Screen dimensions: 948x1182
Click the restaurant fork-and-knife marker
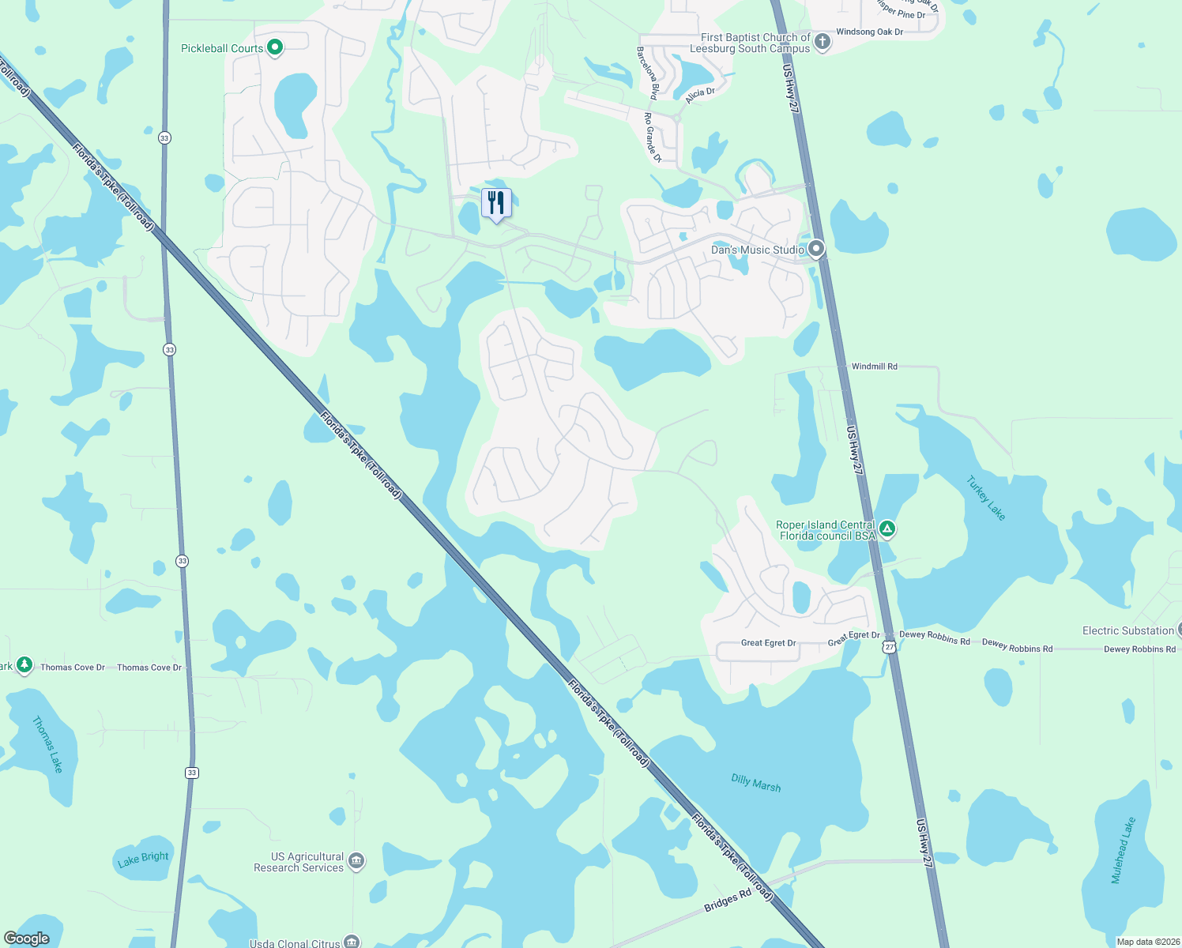[x=496, y=203]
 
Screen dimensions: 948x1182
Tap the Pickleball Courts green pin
[x=275, y=48]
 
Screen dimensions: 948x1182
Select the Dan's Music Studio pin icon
[x=816, y=250]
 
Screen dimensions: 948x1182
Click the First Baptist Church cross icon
[x=823, y=42]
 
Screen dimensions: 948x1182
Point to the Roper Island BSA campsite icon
[x=887, y=529]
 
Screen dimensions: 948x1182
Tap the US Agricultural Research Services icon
[x=356, y=861]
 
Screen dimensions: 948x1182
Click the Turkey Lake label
[x=986, y=498]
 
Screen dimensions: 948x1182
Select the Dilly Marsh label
[x=755, y=783]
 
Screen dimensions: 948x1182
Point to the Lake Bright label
[x=143, y=859]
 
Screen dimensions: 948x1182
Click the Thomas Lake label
[x=47, y=744]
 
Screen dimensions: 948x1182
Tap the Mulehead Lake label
[x=1123, y=850]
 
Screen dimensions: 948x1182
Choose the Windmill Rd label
[x=874, y=367]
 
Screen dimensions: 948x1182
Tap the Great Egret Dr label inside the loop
[x=768, y=643]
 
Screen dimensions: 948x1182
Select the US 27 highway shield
[x=890, y=647]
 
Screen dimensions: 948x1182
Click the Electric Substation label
[x=1127, y=630]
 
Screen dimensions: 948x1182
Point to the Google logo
[x=26, y=939]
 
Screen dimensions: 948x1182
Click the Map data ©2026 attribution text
[x=1148, y=942]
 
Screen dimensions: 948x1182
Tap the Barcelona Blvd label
[x=647, y=73]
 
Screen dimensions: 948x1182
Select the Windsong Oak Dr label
[x=869, y=32]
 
